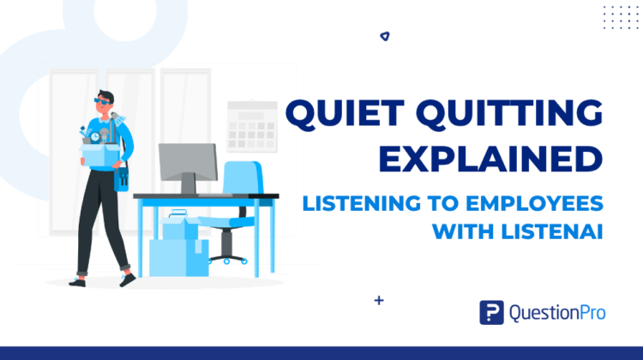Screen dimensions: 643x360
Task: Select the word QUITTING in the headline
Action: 509,114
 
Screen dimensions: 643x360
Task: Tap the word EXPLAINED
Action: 490,159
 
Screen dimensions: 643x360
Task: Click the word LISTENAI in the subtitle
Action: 551,231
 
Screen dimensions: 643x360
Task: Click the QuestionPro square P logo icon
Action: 492,313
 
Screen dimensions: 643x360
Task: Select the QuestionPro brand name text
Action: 557,313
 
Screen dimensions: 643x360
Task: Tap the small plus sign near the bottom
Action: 379,301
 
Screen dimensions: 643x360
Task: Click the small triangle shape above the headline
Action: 385,37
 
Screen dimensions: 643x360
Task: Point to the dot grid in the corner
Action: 621,18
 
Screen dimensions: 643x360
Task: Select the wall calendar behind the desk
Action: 252,126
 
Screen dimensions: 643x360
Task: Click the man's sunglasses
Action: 101,101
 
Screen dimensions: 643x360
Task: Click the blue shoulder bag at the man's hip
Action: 121,179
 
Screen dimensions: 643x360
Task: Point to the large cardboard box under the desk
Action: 179,257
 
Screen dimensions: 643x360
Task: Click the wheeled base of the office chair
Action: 227,260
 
